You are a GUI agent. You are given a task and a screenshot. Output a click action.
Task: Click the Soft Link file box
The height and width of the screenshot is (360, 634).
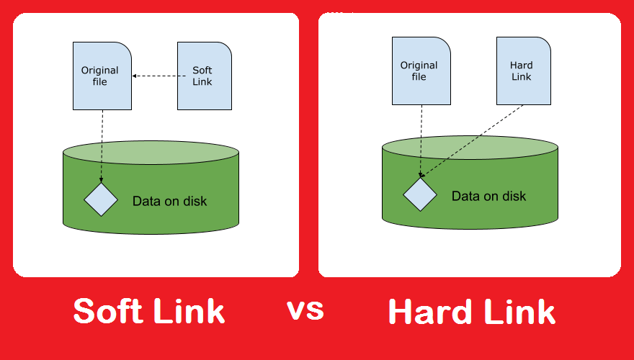point(205,76)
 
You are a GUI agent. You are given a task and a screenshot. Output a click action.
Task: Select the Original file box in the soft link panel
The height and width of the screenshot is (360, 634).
point(102,76)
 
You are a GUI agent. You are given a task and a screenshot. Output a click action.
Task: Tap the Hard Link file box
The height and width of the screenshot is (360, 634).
point(524,71)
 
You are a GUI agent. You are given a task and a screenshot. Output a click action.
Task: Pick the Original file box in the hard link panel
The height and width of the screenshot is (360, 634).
point(421,71)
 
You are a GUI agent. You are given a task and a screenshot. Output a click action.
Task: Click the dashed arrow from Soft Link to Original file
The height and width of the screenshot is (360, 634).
point(159,76)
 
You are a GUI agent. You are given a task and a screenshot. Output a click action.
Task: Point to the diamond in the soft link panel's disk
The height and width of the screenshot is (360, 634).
point(101,199)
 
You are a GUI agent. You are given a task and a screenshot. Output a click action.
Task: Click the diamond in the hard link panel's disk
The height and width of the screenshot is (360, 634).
point(420,194)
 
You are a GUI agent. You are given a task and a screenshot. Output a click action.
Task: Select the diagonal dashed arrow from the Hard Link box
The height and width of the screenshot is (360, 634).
point(471,141)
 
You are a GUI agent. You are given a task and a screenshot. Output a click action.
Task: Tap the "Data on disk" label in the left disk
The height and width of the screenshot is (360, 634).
point(170,201)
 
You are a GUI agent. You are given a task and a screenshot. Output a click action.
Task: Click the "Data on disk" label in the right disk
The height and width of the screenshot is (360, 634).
point(489,197)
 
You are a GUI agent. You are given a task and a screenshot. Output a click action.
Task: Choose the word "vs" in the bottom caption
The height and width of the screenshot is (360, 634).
point(305,310)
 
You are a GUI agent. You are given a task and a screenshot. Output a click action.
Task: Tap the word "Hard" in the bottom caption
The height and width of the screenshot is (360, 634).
point(432,311)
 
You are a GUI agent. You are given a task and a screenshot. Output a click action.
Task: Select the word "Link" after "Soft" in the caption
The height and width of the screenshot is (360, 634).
point(189,310)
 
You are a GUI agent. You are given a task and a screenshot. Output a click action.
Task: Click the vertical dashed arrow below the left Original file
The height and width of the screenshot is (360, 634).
point(102,146)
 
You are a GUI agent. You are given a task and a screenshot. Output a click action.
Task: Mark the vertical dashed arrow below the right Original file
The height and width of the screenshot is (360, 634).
point(421,141)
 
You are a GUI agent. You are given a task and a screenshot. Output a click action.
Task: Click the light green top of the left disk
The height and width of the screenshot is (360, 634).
point(151,153)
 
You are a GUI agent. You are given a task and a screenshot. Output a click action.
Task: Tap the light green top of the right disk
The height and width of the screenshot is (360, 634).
point(470,148)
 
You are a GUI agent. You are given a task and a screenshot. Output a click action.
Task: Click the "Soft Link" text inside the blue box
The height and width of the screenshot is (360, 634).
point(202,76)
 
